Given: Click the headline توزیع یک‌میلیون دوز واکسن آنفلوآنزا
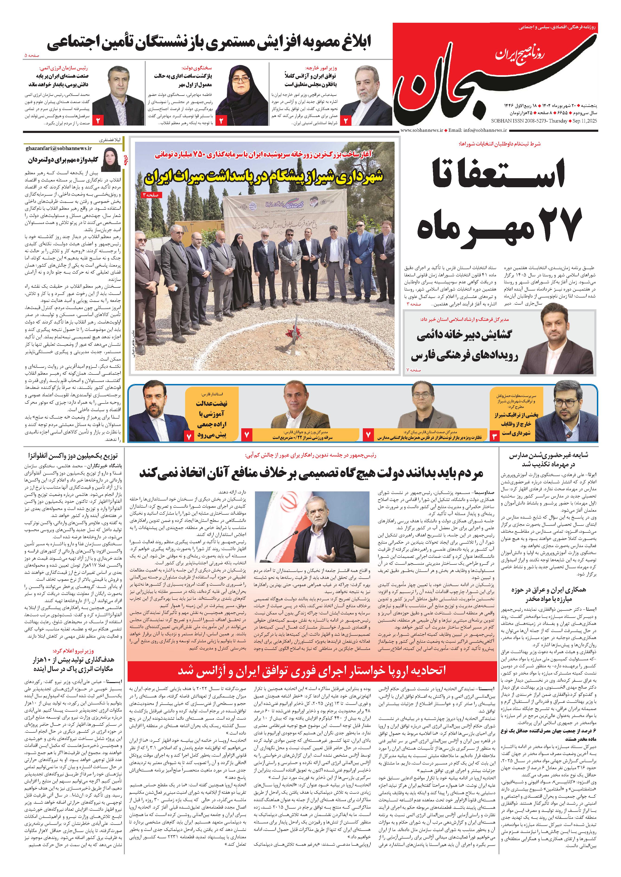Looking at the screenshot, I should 73,456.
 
